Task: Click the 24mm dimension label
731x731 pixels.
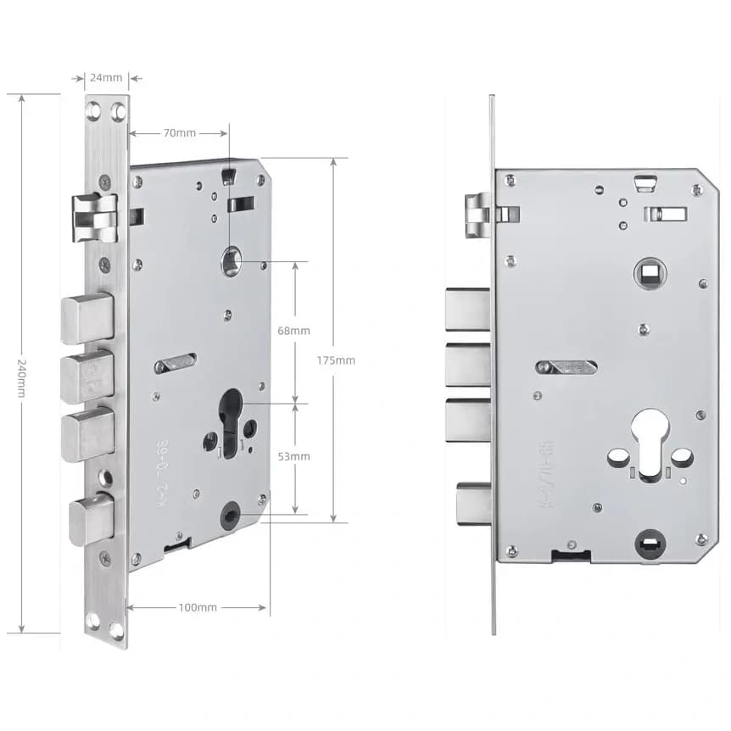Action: coord(105,78)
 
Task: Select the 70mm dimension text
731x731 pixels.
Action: coord(179,133)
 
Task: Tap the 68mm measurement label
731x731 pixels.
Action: coord(294,331)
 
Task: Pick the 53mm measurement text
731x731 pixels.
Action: coord(294,456)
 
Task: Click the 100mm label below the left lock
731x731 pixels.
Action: coord(198,608)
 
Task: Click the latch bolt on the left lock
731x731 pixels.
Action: coord(94,215)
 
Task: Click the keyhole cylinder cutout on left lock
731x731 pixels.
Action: coord(231,421)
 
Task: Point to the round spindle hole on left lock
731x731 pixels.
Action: coord(231,261)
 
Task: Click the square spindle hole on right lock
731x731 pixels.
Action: coord(650,271)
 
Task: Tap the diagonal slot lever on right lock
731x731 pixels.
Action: coord(566,367)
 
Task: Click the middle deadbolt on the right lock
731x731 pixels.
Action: coord(467,365)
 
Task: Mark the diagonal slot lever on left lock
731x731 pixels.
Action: coord(175,364)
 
